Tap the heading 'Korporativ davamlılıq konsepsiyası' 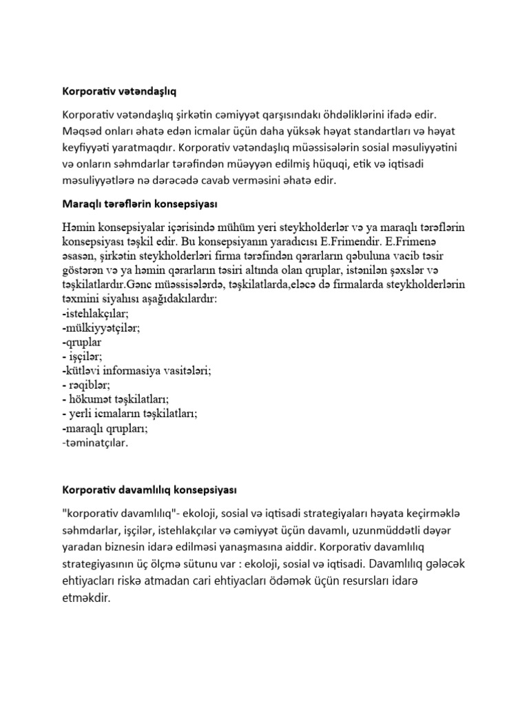click(x=149, y=490)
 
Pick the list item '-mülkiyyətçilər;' click(x=101, y=327)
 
